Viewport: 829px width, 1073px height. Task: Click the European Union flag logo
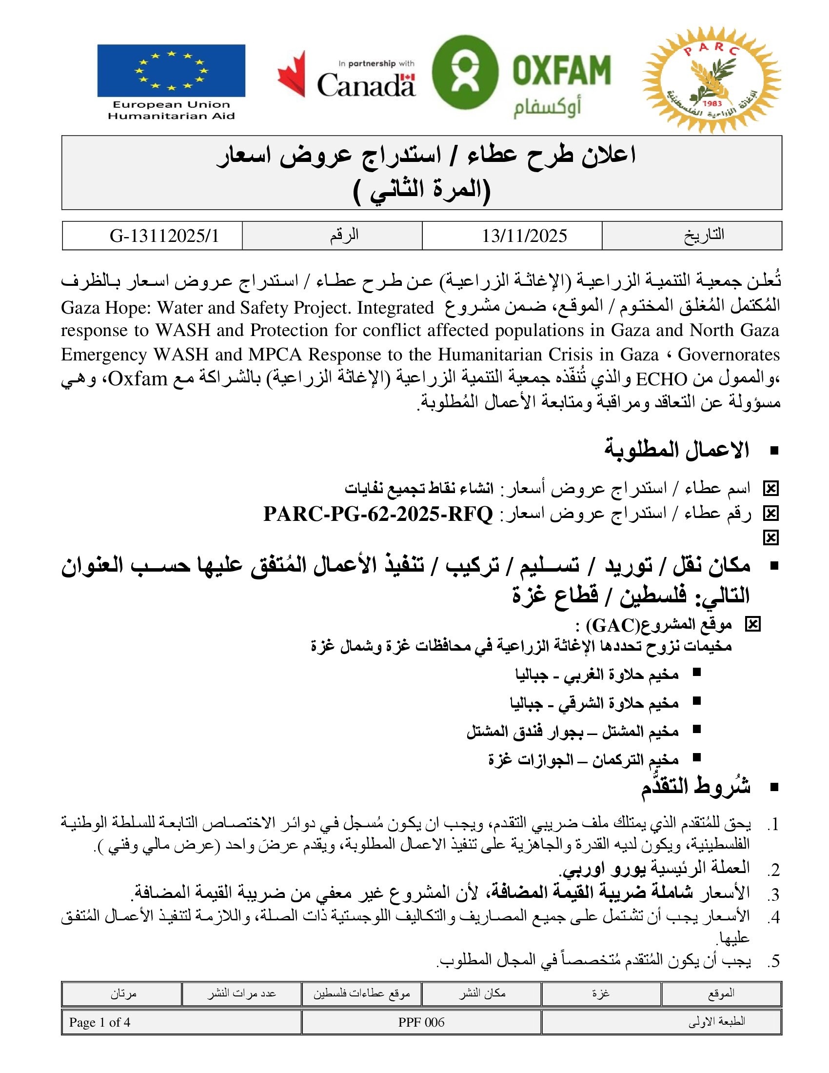171,71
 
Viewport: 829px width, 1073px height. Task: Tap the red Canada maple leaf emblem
292,74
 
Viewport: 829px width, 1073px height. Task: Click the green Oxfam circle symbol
465,72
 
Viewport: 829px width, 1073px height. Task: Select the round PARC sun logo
711,80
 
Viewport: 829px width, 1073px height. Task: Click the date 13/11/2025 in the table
524,236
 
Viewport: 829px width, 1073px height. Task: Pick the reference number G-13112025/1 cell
164,236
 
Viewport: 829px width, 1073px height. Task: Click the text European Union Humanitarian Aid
171,110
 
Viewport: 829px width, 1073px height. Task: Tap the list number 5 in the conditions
774,961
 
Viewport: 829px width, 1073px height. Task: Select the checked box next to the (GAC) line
752,624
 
